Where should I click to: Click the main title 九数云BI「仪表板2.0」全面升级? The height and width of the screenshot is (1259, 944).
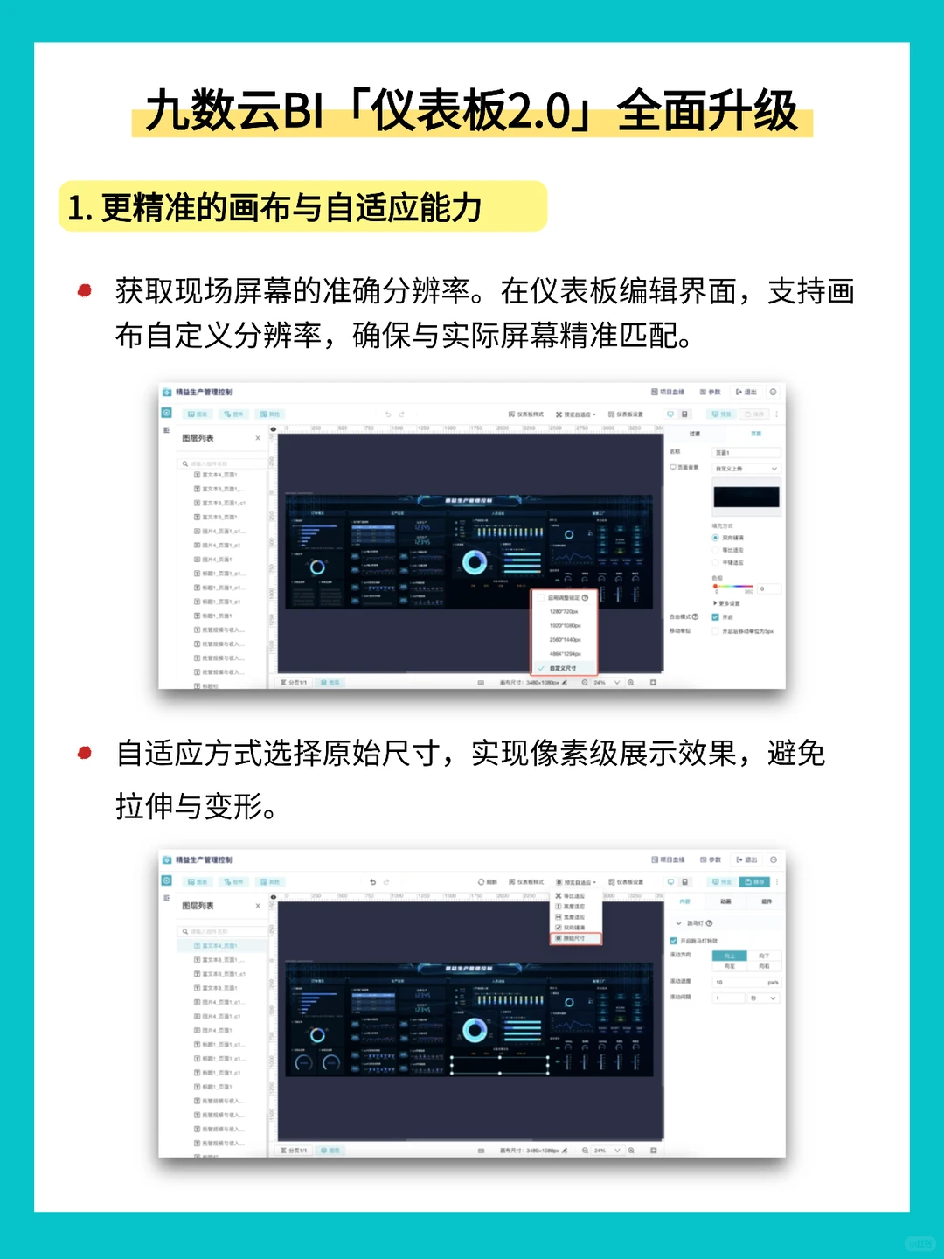click(472, 112)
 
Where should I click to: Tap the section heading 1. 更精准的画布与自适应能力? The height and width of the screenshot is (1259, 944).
click(275, 208)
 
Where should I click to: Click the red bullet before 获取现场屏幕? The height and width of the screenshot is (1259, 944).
click(85, 290)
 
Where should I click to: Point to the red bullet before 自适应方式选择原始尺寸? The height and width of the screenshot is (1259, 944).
click(85, 753)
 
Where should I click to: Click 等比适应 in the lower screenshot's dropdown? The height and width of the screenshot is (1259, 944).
click(573, 896)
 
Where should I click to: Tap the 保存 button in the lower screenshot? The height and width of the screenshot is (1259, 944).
click(755, 881)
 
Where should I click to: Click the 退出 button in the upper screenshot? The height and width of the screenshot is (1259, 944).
click(746, 392)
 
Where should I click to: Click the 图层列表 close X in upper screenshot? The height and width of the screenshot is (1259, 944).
click(258, 438)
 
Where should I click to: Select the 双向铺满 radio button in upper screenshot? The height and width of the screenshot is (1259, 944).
click(716, 538)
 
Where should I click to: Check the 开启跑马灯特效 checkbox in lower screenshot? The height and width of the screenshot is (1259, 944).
click(674, 941)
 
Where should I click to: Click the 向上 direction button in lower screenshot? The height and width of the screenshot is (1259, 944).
click(729, 956)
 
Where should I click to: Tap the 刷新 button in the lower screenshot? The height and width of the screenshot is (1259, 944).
click(488, 882)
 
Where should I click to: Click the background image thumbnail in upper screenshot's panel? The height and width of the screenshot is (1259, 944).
click(746, 497)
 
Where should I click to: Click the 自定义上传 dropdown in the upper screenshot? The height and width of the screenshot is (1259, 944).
click(746, 469)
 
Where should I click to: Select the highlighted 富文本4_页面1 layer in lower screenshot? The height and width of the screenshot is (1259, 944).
click(220, 946)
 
